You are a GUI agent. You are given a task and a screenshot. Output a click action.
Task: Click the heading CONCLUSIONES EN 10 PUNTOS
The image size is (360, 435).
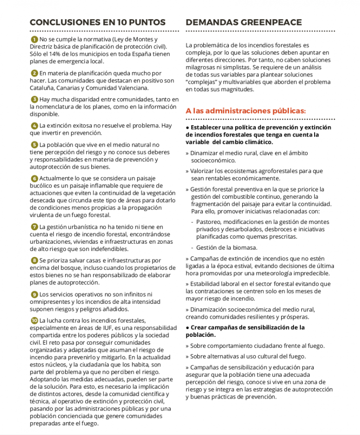(98, 23)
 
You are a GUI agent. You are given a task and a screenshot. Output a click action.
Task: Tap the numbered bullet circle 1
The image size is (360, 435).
(34, 39)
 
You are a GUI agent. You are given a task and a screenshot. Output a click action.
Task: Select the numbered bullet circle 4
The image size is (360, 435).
(34, 126)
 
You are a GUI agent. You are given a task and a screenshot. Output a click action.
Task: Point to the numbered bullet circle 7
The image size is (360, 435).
(34, 226)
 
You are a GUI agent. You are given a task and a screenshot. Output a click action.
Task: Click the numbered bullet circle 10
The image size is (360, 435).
(34, 321)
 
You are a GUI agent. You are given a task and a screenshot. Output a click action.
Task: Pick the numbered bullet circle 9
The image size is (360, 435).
(34, 294)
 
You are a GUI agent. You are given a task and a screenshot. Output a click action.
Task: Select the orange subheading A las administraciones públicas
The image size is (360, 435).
(246, 111)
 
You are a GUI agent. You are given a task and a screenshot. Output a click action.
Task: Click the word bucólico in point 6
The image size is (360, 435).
(42, 185)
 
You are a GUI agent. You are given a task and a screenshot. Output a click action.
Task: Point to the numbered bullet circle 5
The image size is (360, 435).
(34, 145)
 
